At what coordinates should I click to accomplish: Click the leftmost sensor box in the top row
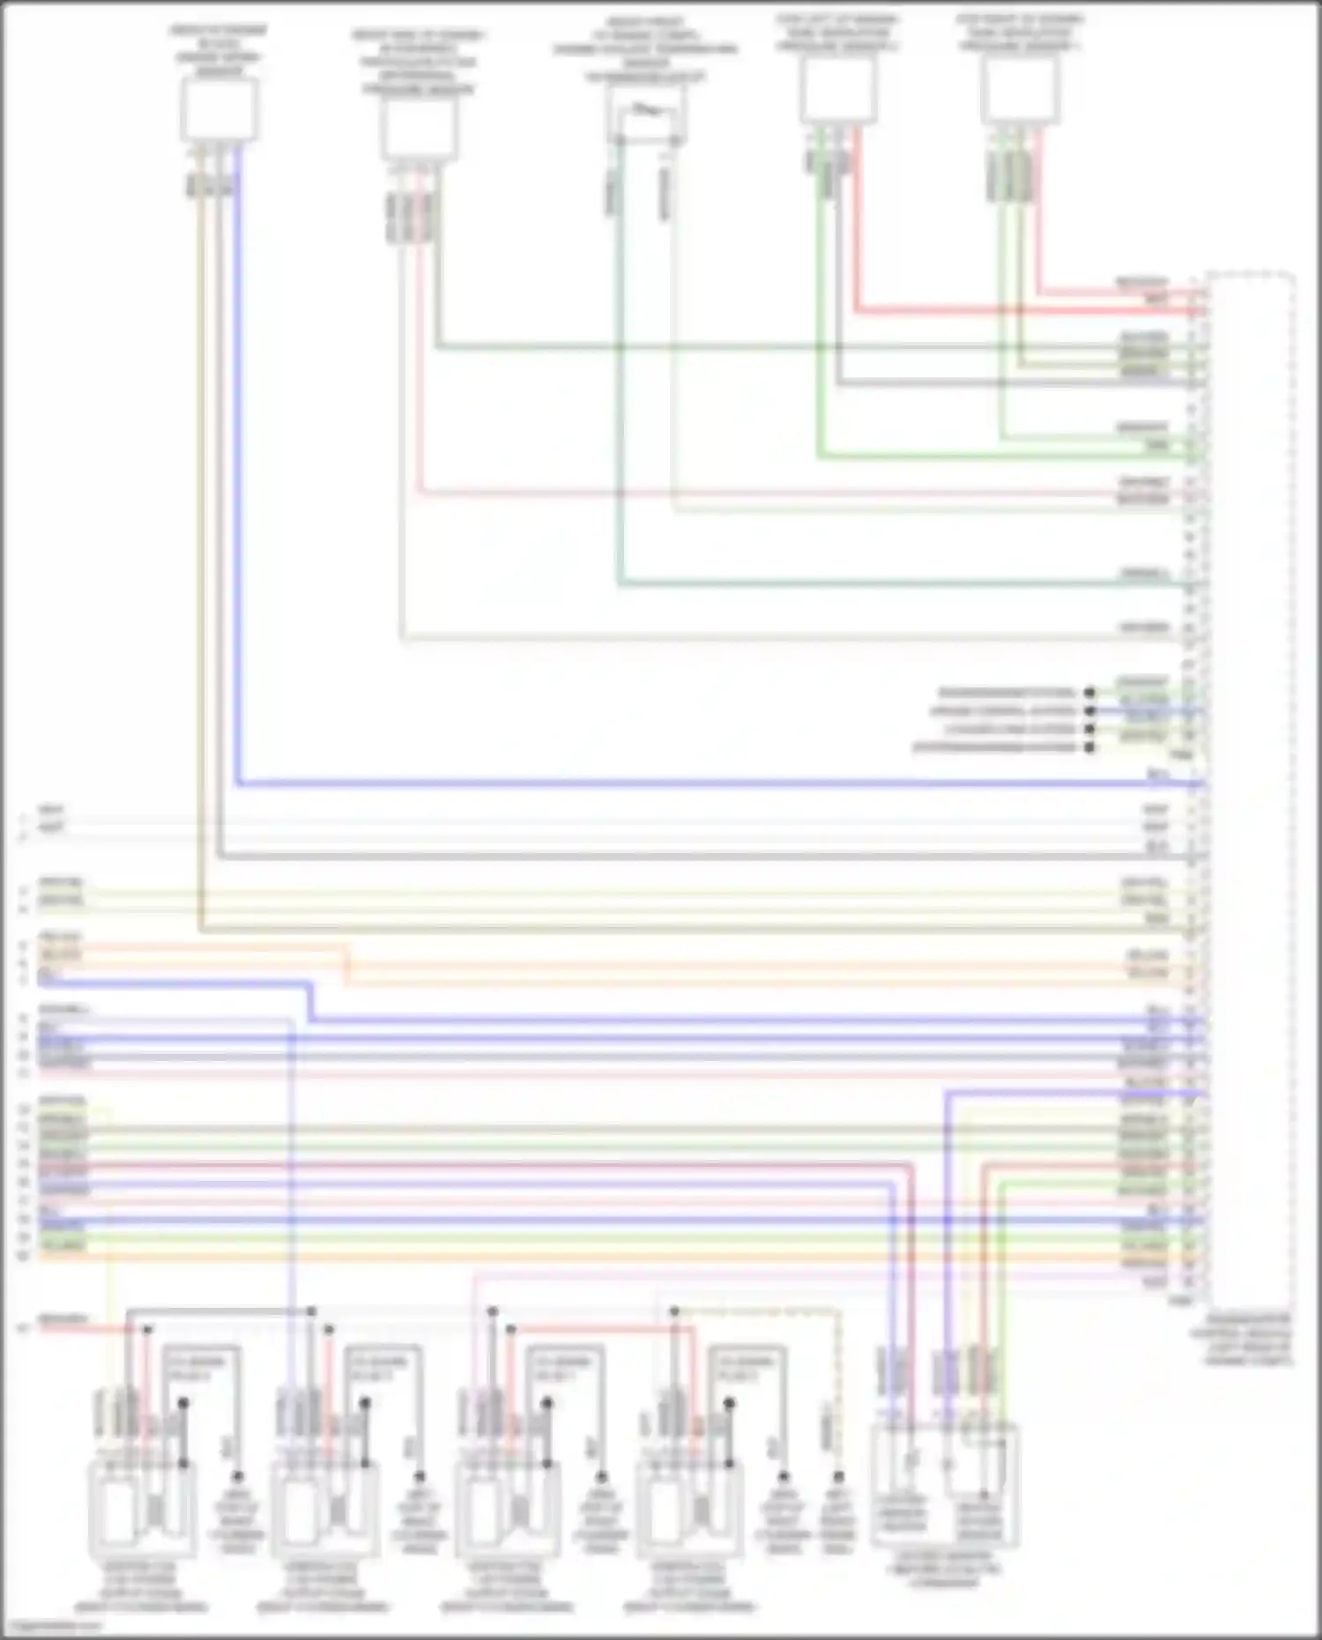(x=219, y=109)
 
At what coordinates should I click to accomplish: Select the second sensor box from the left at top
(x=419, y=129)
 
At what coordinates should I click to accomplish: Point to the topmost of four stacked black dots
(x=1090, y=693)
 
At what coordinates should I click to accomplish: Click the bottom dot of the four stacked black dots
(x=1090, y=748)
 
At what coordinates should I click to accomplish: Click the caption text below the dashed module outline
(x=1250, y=1339)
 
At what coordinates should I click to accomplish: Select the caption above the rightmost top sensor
(x=1020, y=32)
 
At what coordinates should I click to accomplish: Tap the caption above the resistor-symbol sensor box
(x=646, y=49)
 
